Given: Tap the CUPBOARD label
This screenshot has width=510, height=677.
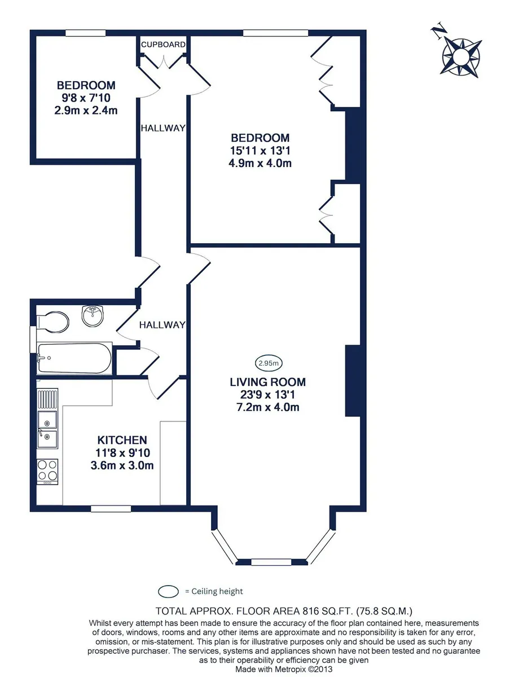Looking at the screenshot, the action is coord(163,45).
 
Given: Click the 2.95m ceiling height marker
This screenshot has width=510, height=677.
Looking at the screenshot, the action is coord(269,363).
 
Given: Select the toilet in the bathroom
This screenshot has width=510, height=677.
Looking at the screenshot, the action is coord(53,322).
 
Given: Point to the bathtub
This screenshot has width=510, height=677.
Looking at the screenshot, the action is coord(74,358).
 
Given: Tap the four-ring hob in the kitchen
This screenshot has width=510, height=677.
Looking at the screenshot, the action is coord(47,471).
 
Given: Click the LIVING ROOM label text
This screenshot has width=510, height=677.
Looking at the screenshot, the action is coord(267,382).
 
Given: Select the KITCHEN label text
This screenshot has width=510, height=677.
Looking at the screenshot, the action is coord(122,440).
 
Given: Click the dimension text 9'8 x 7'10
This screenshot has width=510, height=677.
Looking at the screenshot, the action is coord(86,98).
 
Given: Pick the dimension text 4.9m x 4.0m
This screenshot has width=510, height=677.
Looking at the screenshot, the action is coord(260,163).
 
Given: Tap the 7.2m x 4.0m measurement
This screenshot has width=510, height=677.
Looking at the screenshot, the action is coord(267,407).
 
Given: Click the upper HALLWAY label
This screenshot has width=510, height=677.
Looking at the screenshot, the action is coord(163,128).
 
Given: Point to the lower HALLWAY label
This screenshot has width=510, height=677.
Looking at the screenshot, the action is coord(162,325).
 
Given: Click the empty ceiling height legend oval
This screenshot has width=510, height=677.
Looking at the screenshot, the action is coord(168,591).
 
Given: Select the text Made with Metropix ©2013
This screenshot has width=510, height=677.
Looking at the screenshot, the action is coord(284,669).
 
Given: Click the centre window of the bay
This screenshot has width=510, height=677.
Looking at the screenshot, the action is coord(271,562).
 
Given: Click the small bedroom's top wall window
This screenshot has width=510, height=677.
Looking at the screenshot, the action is coord(85,33).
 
